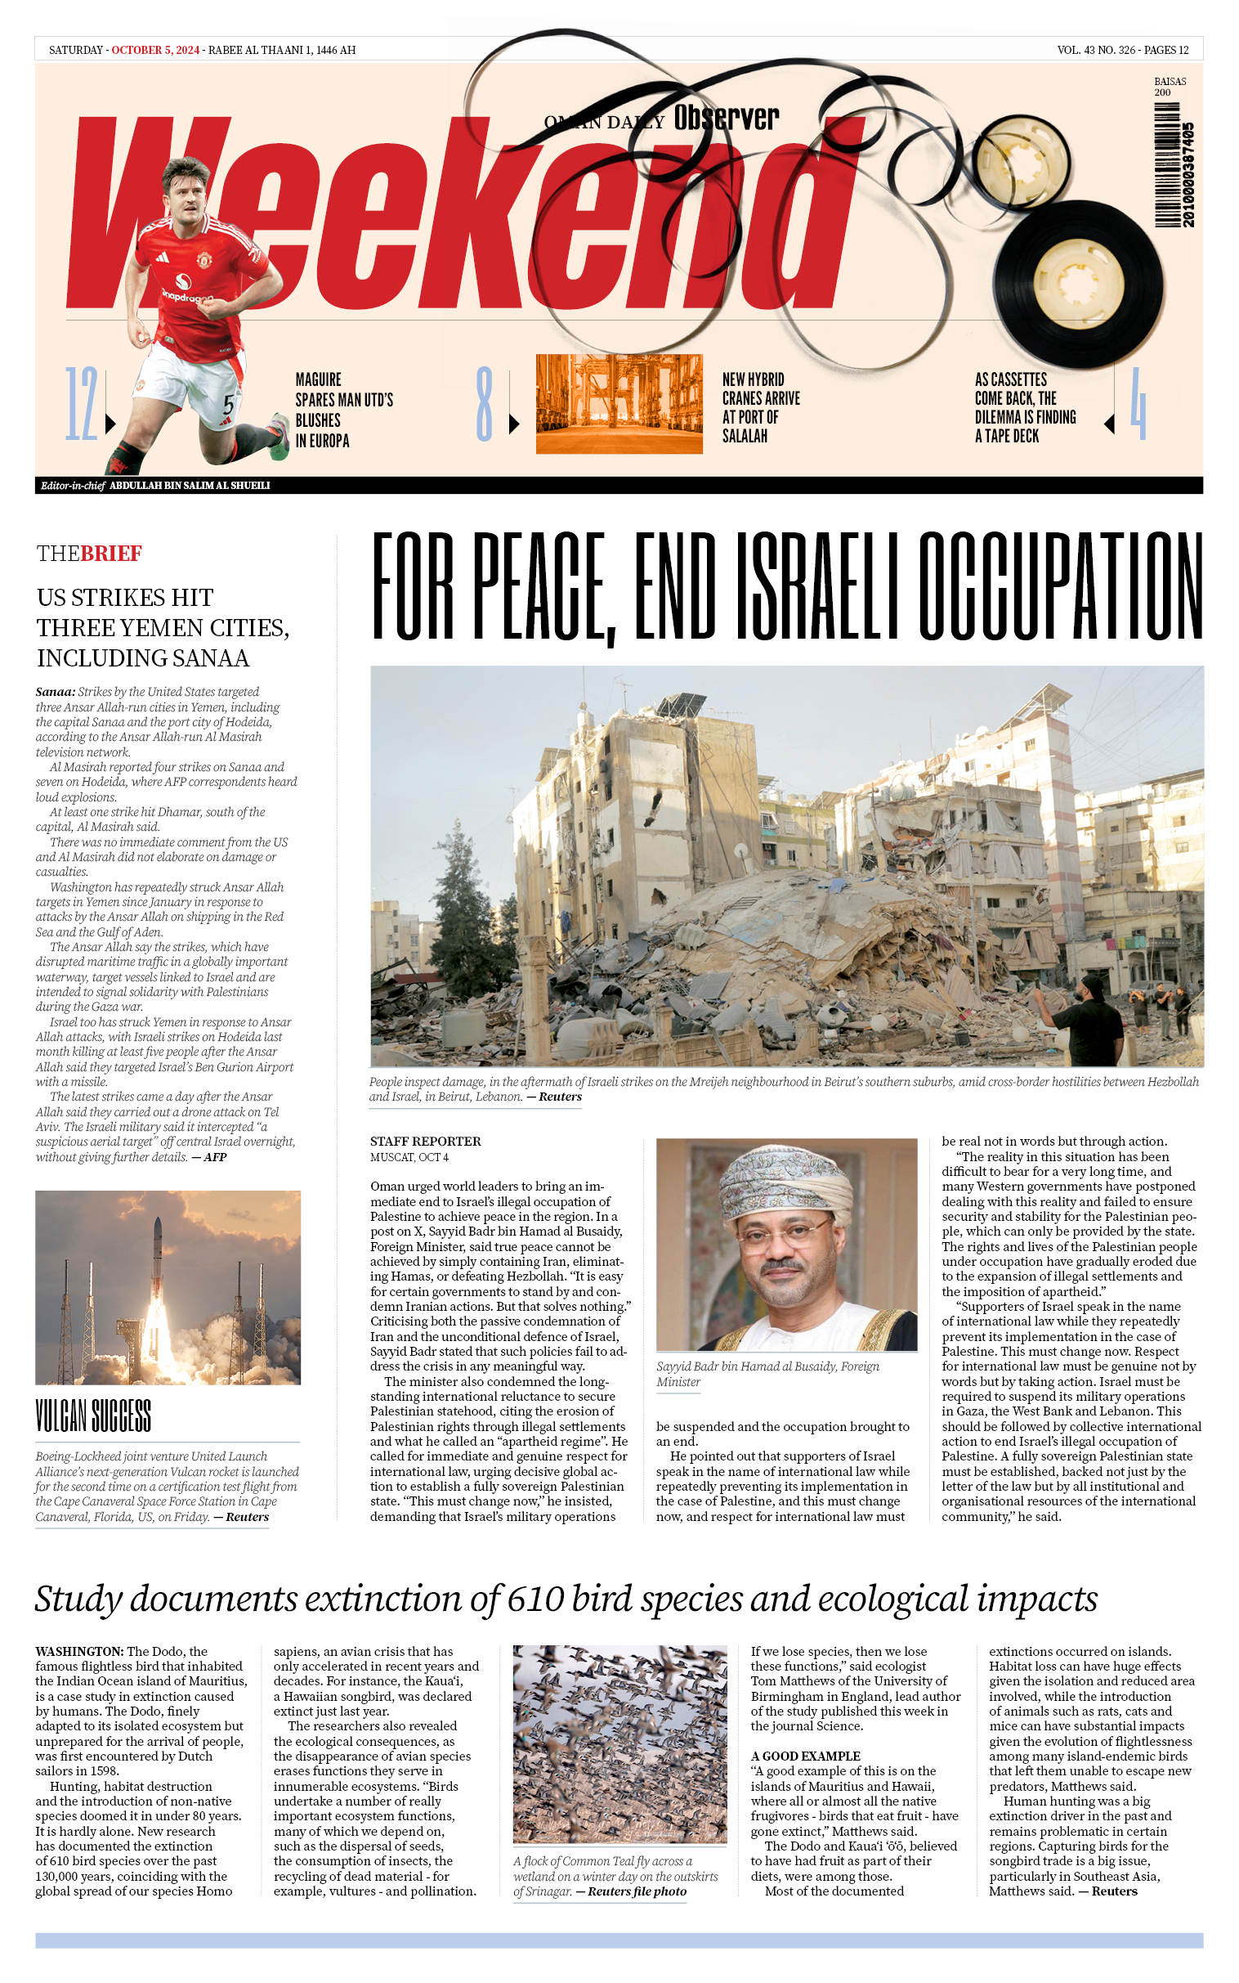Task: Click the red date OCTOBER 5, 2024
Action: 155,50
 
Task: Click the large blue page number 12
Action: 81,404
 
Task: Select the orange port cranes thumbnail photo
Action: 619,403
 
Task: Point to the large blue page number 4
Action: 1138,404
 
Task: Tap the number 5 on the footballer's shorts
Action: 230,405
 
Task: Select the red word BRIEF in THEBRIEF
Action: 111,554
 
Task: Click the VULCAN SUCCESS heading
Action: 93,1415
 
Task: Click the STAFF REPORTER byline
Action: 424,1141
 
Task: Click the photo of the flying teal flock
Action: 619,1743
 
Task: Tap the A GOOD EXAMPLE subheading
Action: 805,1756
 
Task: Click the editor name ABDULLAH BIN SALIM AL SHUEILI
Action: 190,485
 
